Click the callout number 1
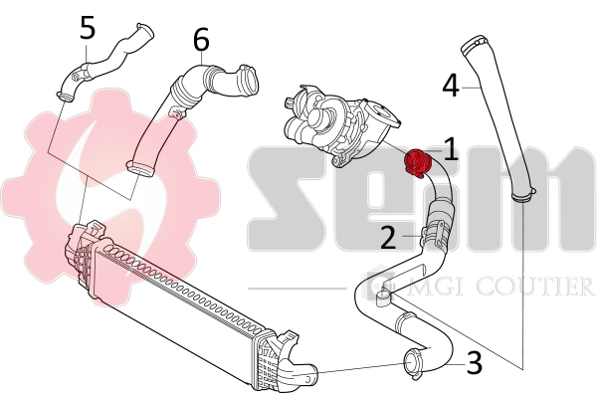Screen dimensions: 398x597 [x=450, y=149]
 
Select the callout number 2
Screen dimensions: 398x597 [x=389, y=236]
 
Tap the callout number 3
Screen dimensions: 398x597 [x=474, y=363]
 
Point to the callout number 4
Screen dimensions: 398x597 [x=450, y=87]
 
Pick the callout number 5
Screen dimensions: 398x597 [x=88, y=28]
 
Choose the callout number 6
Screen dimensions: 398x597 [x=201, y=40]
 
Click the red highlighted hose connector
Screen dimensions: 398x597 [x=417, y=160]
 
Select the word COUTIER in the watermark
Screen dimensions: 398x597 [x=538, y=288]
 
